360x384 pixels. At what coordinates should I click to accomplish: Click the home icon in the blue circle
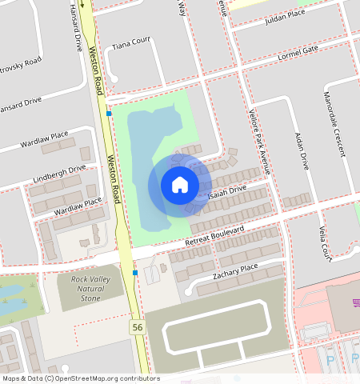pyautogui.click(x=180, y=185)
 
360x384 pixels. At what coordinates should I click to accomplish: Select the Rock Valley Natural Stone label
pyautogui.click(x=90, y=289)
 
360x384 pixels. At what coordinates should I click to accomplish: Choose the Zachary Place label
pyautogui.click(x=235, y=271)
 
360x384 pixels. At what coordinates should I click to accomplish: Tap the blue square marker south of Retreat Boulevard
pyautogui.click(x=135, y=273)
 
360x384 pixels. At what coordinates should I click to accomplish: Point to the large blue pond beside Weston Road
pyautogui.click(x=148, y=160)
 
